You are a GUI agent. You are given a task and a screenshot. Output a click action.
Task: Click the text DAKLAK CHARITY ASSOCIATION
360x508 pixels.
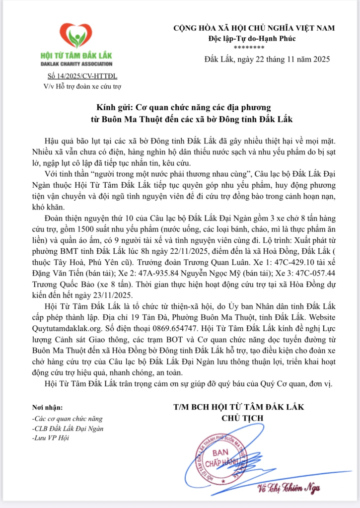click(x=76, y=64)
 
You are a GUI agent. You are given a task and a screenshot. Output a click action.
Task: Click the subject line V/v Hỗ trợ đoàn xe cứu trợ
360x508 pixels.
click(x=76, y=85)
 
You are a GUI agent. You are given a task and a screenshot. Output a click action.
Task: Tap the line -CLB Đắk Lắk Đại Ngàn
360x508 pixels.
click(x=68, y=428)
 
